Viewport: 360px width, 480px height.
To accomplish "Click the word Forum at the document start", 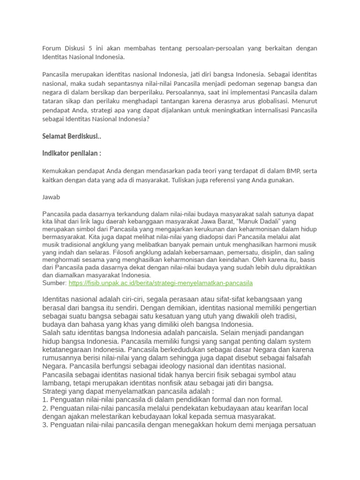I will pyautogui.click(x=52, y=48).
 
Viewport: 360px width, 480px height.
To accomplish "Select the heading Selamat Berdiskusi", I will pyautogui.click(x=71, y=136).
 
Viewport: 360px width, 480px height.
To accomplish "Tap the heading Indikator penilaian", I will pyautogui.click(x=72, y=153).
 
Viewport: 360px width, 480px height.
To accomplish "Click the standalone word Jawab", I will pyautogui.click(x=51, y=197).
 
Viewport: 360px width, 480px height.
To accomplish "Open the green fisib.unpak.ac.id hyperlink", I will pyautogui.click(x=161, y=283).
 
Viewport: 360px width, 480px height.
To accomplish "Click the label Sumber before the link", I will pyautogui.click(x=54, y=283).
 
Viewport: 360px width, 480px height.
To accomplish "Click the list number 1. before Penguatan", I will pyautogui.click(x=45, y=399).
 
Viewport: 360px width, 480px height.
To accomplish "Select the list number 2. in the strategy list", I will pyautogui.click(x=45, y=408).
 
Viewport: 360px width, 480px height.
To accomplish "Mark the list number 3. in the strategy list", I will pyautogui.click(x=45, y=425).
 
